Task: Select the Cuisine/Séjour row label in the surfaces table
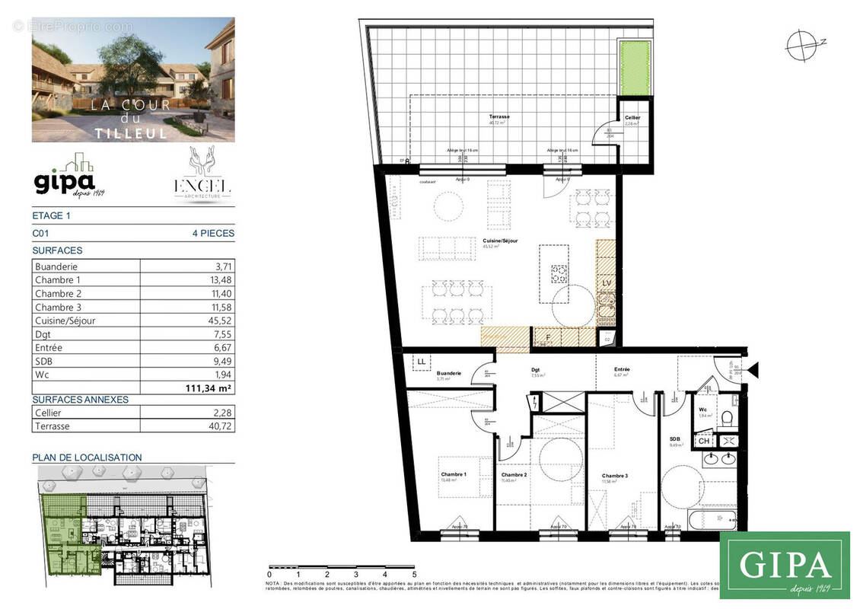click(65, 320)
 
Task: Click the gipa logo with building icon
click(69, 177)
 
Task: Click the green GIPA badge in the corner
click(784, 565)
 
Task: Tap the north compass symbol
click(801, 44)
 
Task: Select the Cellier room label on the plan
click(632, 118)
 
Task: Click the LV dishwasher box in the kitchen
click(607, 283)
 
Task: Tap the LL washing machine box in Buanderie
click(420, 362)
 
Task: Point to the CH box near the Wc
click(704, 441)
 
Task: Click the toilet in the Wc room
click(727, 418)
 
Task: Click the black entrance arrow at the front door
click(753, 371)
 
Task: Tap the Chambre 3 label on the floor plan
click(614, 476)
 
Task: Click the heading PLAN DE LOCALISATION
click(87, 458)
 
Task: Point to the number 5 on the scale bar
click(414, 575)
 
